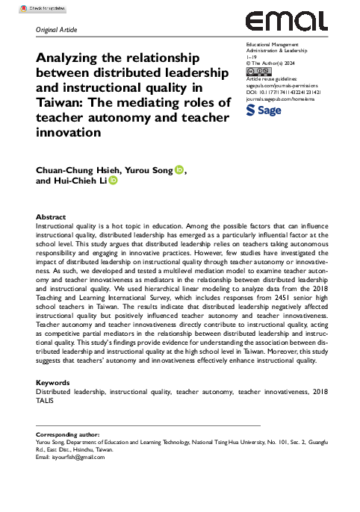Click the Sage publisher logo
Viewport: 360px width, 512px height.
[x=265, y=110]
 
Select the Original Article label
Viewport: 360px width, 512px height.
[x=57, y=30]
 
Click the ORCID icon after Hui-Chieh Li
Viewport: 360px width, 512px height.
[x=113, y=181]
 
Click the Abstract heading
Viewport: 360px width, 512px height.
[x=51, y=216]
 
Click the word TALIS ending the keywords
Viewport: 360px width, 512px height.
[x=46, y=399]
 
